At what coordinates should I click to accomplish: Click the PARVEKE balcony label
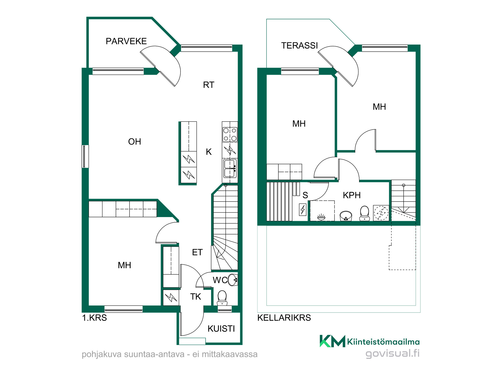click(x=126, y=41)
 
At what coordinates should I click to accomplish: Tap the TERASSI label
click(x=299, y=46)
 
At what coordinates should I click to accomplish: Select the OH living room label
click(x=135, y=142)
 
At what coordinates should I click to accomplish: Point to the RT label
click(x=209, y=85)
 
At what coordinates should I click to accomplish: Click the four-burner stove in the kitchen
click(x=230, y=135)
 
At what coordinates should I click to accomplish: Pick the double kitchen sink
click(x=230, y=168)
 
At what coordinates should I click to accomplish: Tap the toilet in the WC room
click(x=222, y=298)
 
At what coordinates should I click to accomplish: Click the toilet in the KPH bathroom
click(x=364, y=213)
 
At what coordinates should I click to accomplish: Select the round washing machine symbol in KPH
click(x=381, y=213)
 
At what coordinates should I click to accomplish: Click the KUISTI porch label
click(x=221, y=329)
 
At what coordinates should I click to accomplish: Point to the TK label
click(x=196, y=297)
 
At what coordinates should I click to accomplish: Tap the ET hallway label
click(x=197, y=252)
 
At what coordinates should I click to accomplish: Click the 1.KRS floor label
click(x=94, y=318)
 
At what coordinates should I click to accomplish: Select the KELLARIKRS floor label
click(x=284, y=318)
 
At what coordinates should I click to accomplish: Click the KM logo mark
click(x=332, y=341)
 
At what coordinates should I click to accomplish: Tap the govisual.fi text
click(x=393, y=353)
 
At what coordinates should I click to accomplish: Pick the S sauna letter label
click(x=305, y=195)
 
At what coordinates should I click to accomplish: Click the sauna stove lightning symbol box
click(x=303, y=209)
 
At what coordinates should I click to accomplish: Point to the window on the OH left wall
click(x=86, y=156)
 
